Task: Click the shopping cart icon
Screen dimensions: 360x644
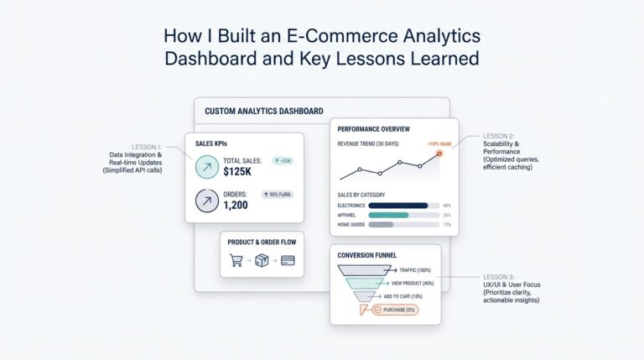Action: click(236, 261)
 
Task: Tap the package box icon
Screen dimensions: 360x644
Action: click(263, 261)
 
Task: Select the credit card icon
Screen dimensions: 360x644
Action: click(289, 261)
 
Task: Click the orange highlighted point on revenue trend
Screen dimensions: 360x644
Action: click(439, 154)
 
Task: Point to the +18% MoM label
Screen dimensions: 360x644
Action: click(438, 143)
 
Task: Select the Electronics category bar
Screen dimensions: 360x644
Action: click(398, 206)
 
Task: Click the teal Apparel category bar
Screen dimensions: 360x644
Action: click(388, 215)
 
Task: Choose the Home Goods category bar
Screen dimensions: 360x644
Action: click(381, 225)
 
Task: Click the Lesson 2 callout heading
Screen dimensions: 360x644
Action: click(500, 135)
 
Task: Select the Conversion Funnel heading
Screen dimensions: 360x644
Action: click(368, 255)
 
